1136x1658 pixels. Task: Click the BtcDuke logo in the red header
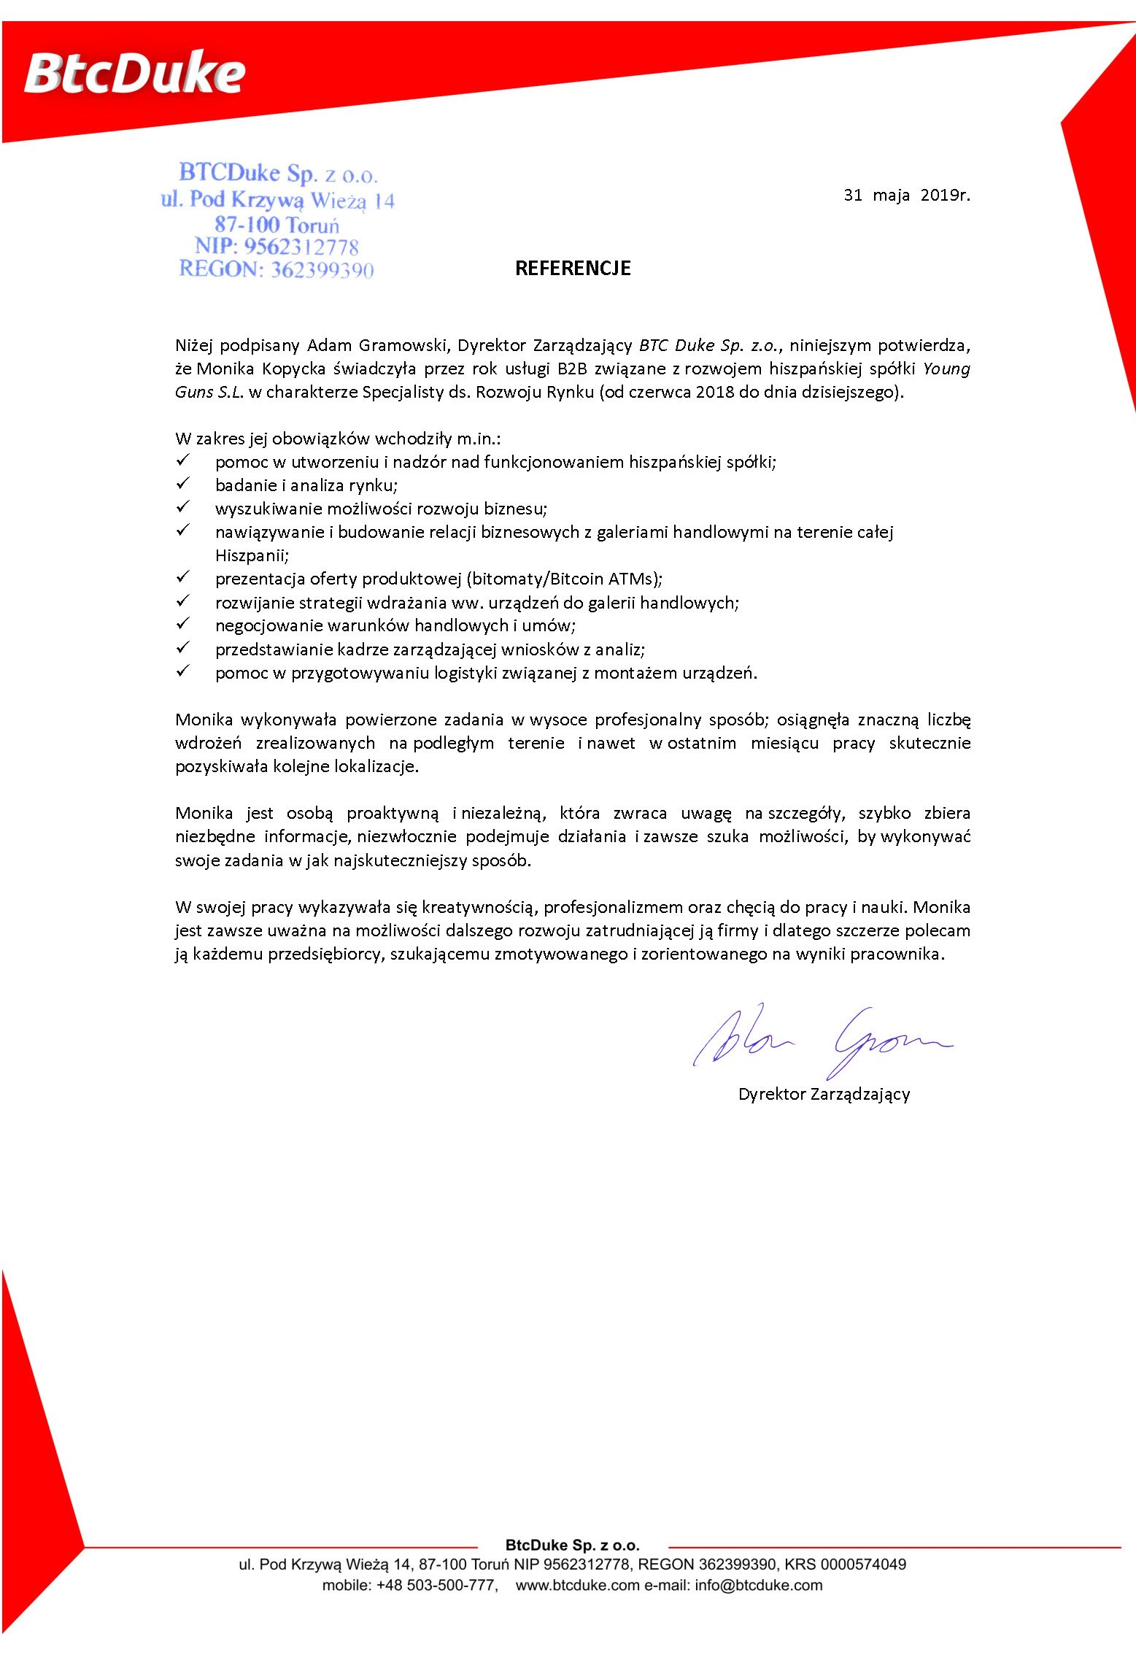coord(135,74)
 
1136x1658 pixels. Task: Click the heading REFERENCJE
coord(573,269)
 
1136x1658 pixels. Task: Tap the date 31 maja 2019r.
coord(907,195)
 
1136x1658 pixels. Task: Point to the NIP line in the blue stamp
coord(277,247)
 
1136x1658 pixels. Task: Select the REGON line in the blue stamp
coord(277,270)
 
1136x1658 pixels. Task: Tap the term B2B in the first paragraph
coord(572,369)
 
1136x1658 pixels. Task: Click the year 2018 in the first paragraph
coord(714,392)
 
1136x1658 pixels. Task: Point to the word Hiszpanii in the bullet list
coord(252,555)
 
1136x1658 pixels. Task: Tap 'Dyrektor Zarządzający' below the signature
coord(824,1094)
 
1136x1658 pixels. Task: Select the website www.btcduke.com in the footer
coord(577,1585)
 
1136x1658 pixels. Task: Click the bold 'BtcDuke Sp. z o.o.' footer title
coord(572,1545)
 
